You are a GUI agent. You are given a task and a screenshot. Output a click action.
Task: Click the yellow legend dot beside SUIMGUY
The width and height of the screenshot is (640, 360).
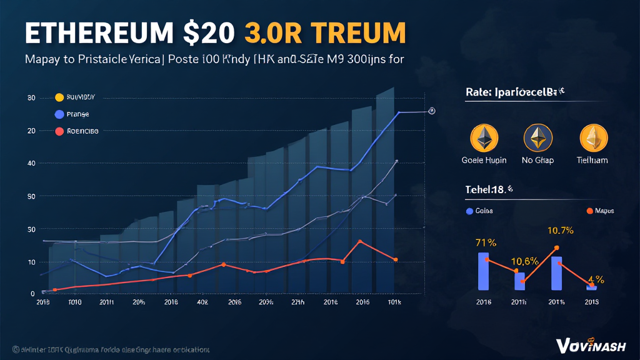(59, 97)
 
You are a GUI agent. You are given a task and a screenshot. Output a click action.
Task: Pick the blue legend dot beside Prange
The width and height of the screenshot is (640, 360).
(59, 114)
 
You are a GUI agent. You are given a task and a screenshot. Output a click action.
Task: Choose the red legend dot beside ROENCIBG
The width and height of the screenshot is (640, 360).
(59, 131)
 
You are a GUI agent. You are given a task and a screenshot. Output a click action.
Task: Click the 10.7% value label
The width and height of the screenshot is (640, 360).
(561, 230)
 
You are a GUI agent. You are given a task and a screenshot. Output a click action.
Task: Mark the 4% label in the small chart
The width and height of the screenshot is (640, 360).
(596, 279)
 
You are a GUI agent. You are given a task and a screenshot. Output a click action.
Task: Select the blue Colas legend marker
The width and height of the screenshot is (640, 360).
(469, 211)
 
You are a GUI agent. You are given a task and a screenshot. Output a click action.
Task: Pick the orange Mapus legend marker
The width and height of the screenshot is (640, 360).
(588, 211)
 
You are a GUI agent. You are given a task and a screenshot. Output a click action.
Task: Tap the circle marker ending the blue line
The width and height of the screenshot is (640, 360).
(432, 111)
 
